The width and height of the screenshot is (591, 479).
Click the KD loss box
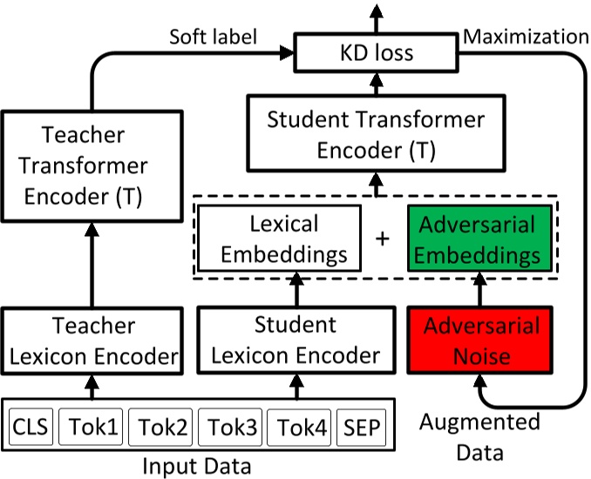point(376,53)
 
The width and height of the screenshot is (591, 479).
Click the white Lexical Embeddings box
point(277,238)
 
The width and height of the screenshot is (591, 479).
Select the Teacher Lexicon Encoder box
point(92,341)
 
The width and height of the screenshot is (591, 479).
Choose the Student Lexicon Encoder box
point(295,341)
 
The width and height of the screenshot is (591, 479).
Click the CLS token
point(31,428)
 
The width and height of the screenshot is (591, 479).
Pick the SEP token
point(362,428)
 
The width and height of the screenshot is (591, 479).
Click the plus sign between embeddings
point(382,238)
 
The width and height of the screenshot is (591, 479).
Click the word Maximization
point(526,37)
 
